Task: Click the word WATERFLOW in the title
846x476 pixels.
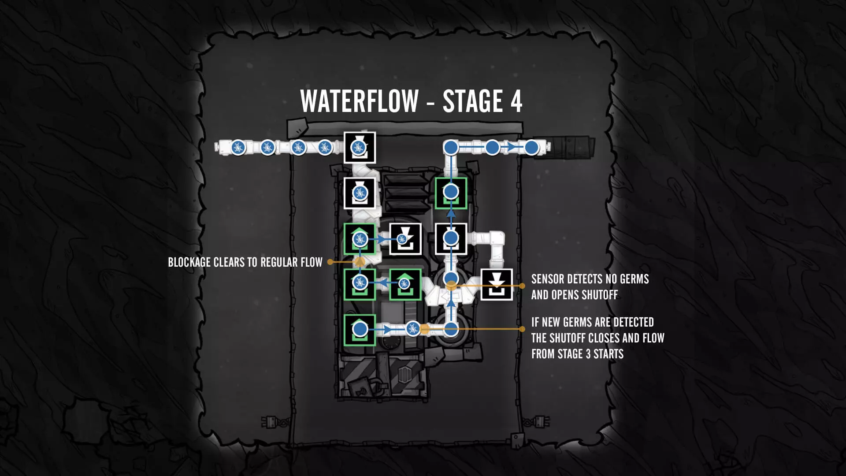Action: (359, 101)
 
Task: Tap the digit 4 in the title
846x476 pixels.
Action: (516, 101)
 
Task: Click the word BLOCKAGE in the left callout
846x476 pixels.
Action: (189, 262)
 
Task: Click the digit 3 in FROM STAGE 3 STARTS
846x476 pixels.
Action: (588, 354)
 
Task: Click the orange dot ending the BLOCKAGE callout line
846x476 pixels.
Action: (330, 262)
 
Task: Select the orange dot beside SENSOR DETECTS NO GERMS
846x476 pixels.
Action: (522, 286)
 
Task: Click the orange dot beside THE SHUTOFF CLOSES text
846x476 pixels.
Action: (522, 329)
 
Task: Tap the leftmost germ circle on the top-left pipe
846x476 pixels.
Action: (238, 147)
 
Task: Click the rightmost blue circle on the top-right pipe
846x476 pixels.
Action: (531, 147)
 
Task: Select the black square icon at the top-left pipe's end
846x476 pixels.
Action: (360, 148)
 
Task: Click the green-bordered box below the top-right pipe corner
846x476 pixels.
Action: (451, 193)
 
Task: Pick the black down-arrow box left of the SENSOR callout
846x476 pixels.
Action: (497, 285)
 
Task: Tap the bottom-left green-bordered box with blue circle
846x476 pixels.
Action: (360, 330)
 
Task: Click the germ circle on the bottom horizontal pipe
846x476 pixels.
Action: (413, 328)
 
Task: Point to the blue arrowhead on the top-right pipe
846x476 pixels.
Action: (511, 147)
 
